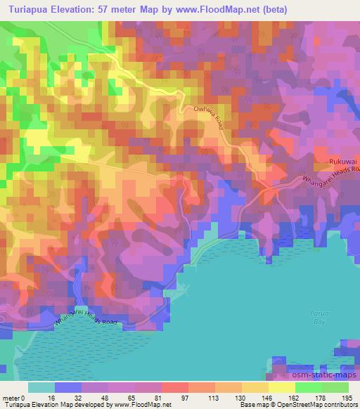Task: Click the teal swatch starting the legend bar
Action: (x=41, y=387)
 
